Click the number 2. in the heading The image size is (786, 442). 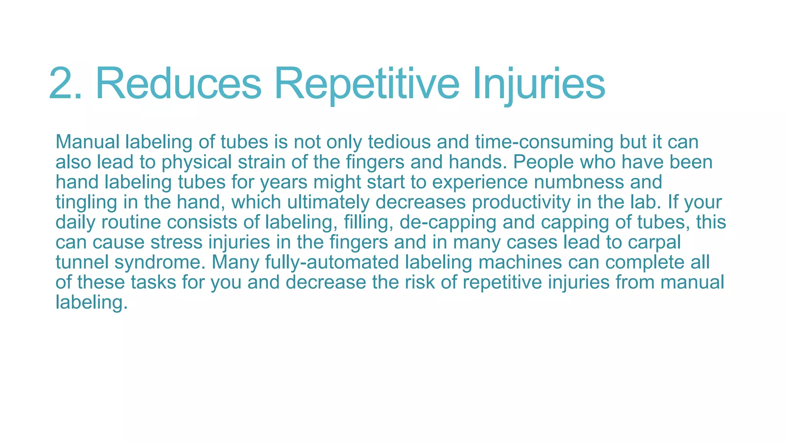65,84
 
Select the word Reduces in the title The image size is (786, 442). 178,84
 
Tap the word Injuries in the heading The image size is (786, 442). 539,84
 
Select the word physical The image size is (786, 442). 196,162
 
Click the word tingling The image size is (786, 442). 86,202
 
